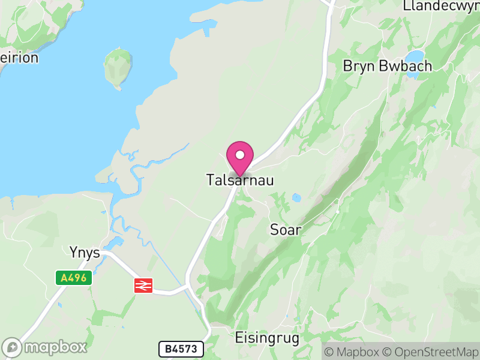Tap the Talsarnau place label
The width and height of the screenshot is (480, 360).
tap(240, 180)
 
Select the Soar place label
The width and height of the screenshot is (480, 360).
tap(286, 230)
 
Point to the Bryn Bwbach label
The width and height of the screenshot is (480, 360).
tap(387, 66)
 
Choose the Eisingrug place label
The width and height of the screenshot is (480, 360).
tap(267, 338)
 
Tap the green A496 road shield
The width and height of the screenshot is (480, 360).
tap(74, 278)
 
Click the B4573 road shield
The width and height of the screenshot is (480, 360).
tap(181, 349)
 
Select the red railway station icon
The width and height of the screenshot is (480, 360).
tap(143, 286)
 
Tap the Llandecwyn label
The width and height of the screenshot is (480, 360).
tap(441, 7)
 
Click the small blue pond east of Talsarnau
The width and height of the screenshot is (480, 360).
tap(296, 197)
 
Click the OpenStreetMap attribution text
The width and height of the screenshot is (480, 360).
tap(433, 352)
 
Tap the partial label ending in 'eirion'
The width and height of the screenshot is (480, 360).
tap(19, 58)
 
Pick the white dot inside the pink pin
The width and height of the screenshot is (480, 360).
tap(240, 155)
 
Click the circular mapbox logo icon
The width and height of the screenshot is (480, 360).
tap(12, 347)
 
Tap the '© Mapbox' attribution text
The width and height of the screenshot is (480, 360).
tap(352, 352)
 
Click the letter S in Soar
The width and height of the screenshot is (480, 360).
tap(275, 230)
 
